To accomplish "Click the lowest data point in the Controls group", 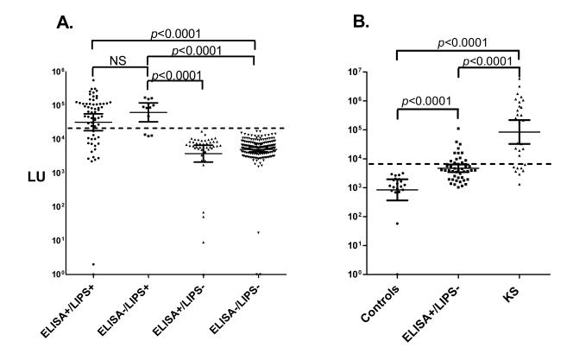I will tap(397, 224).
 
